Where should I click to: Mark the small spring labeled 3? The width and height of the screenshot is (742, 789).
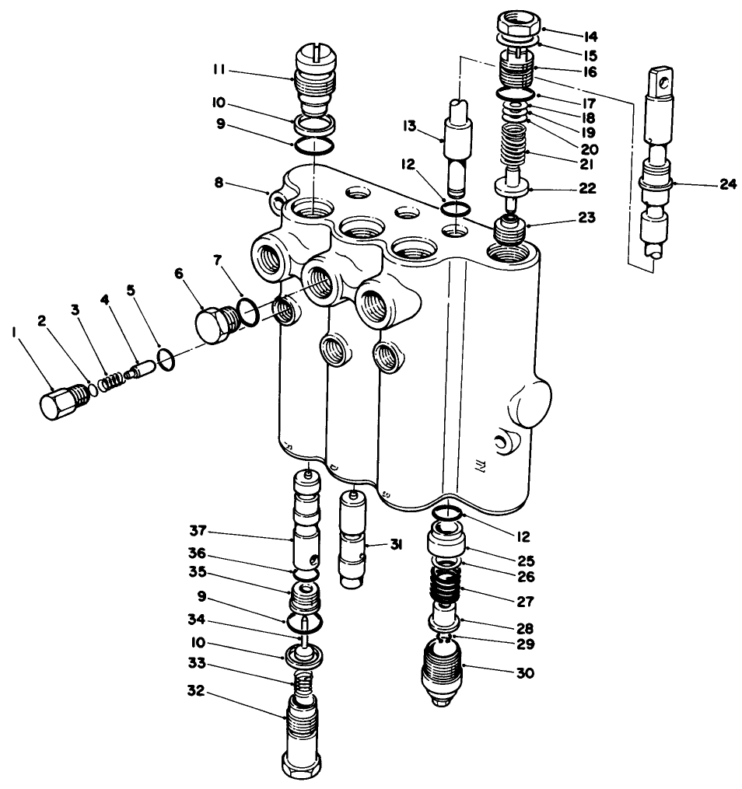[114, 380]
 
